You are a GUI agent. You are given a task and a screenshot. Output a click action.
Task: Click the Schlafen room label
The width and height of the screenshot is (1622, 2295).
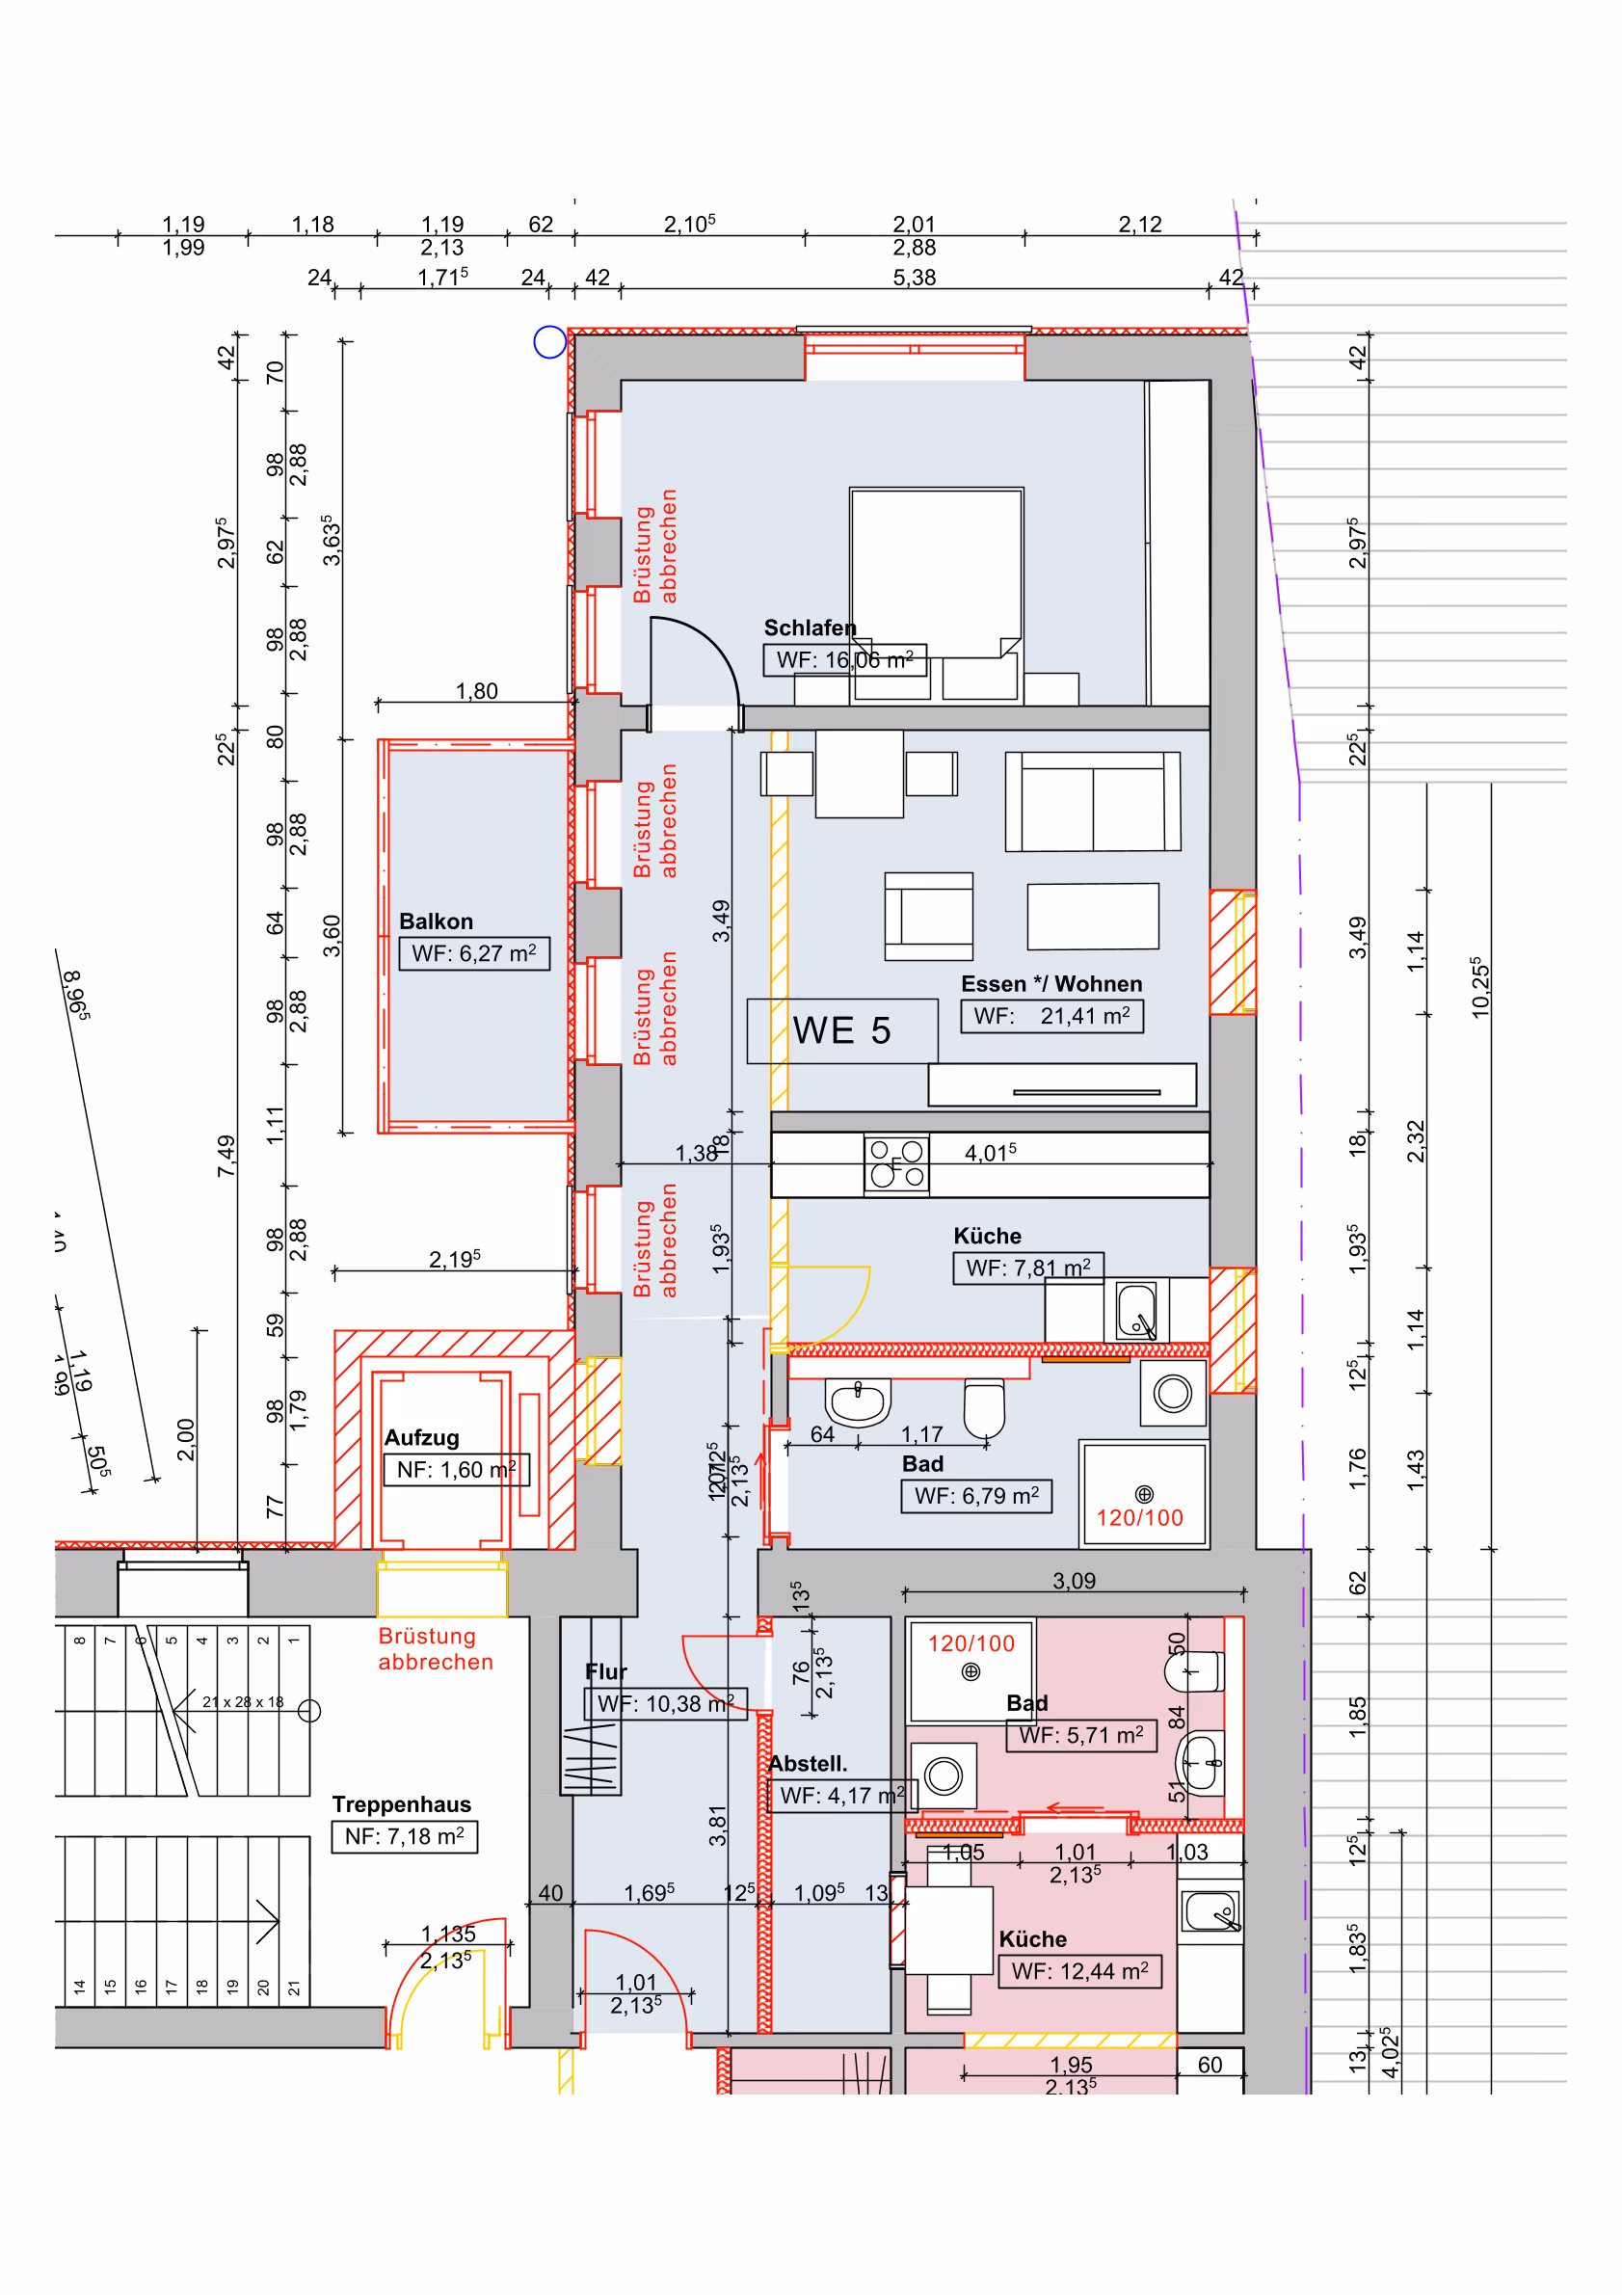click(x=810, y=627)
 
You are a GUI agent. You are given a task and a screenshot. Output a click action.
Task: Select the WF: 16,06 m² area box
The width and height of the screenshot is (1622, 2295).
click(x=844, y=659)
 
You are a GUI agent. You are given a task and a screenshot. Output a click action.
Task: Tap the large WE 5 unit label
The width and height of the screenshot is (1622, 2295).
click(x=841, y=1030)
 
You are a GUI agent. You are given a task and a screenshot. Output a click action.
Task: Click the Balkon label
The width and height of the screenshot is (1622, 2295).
click(x=436, y=921)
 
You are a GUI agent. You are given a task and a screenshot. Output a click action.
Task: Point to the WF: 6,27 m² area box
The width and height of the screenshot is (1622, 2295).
click(x=474, y=953)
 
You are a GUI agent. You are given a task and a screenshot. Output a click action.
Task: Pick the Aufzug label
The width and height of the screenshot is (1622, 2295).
click(x=422, y=1437)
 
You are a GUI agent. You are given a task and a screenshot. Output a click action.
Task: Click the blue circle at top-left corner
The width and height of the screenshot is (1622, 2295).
click(x=549, y=342)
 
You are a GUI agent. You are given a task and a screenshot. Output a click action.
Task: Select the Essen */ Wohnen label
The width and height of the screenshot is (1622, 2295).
click(x=1051, y=983)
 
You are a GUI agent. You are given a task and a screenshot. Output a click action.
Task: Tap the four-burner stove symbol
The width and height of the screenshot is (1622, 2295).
click(x=896, y=1163)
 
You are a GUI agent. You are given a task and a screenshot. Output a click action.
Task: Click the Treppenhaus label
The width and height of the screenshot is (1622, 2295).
click(x=401, y=1804)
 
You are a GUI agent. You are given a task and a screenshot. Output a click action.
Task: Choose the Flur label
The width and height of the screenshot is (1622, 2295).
click(x=605, y=1671)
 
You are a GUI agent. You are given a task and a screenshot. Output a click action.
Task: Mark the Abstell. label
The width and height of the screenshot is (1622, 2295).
click(x=808, y=1763)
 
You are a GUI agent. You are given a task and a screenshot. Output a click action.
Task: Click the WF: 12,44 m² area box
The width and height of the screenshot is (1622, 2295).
click(x=1079, y=1971)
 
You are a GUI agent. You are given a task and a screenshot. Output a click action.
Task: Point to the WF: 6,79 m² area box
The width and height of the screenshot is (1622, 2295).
click(x=975, y=1495)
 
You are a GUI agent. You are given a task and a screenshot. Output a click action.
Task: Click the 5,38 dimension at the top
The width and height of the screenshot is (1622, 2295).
click(x=914, y=277)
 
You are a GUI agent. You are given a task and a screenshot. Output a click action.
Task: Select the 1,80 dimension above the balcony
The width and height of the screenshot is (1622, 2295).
click(x=476, y=691)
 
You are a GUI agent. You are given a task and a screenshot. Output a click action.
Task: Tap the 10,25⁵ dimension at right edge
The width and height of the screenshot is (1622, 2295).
click(x=1480, y=988)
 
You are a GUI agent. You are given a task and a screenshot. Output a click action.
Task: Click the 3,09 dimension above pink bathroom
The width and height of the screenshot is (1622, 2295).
click(x=1074, y=1581)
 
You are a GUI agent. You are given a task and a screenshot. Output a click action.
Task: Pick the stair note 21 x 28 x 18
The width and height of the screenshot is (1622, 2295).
click(x=243, y=1701)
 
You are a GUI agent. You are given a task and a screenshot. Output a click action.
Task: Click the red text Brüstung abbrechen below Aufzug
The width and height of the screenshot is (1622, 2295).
click(x=436, y=1648)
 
